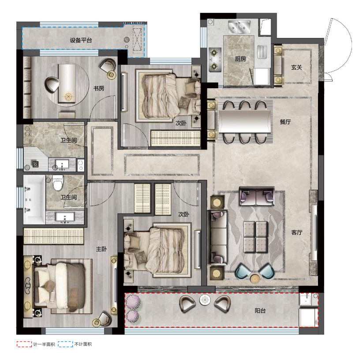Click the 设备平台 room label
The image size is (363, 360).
point(81,40)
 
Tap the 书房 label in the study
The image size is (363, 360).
point(99,88)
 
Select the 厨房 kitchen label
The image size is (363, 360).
point(240,59)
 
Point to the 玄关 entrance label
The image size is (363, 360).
point(296,67)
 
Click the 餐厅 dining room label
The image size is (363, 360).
point(285,122)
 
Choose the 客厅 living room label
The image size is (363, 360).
point(297,232)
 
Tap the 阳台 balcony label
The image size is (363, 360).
point(260,311)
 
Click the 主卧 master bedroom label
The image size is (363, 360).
point(101,249)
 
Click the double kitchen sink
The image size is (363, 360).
point(240,27)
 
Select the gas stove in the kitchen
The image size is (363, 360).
point(215,60)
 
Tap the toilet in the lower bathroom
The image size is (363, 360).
point(58,183)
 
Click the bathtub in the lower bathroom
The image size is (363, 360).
point(34,199)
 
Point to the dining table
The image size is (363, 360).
point(244,122)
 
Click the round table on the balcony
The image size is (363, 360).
point(205,300)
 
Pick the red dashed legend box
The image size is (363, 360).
point(24,344)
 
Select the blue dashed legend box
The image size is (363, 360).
point(66,344)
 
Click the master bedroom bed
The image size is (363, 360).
point(60,286)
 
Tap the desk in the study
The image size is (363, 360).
point(67,83)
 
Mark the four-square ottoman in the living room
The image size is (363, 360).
point(255,236)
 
